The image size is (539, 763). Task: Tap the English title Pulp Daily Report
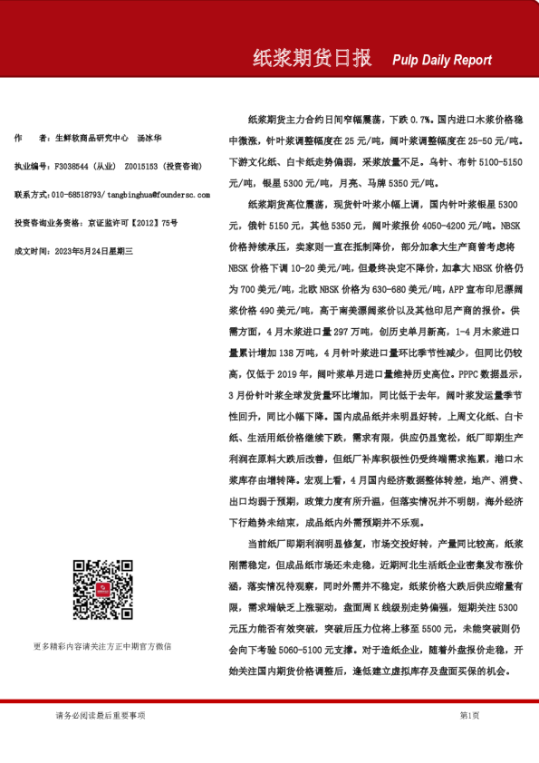[x=442, y=60]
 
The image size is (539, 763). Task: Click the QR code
[x=102, y=590]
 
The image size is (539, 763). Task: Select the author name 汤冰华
[x=149, y=139]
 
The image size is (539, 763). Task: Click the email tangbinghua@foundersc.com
[x=157, y=194]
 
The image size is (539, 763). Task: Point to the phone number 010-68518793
[x=76, y=194]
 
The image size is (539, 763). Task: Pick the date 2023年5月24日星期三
[x=95, y=249]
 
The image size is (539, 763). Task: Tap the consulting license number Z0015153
[x=140, y=167]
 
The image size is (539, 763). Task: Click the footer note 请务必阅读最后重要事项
[x=100, y=715]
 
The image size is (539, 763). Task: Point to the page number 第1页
[x=470, y=715]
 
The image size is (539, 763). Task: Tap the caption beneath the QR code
[x=102, y=646]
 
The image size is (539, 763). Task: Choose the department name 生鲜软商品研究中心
[x=89, y=139]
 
